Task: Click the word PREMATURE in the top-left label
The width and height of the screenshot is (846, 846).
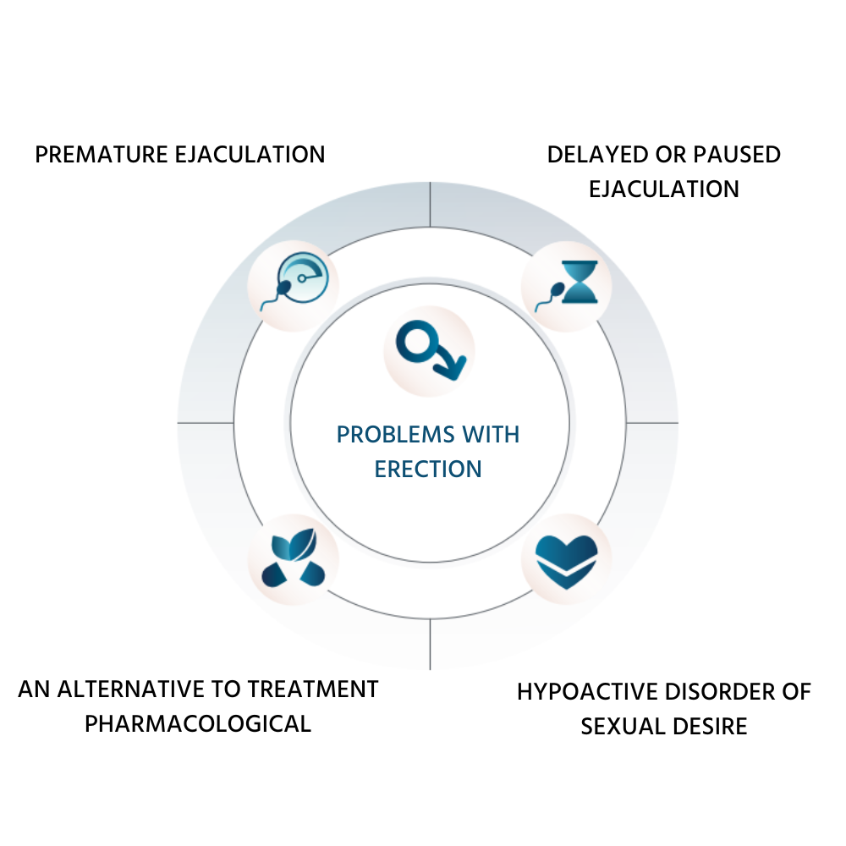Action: [x=98, y=155]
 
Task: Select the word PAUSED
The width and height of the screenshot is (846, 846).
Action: [x=733, y=155]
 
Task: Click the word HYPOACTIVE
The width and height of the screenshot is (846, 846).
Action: [x=587, y=691]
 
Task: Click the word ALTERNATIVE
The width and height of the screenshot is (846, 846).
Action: [x=145, y=689]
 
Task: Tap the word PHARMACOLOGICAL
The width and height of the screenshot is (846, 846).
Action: [x=198, y=723]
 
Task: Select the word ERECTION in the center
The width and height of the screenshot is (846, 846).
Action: [x=428, y=469]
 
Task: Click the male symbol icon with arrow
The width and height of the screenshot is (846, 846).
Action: [x=430, y=349]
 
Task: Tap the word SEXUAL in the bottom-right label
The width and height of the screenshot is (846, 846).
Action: [x=619, y=726]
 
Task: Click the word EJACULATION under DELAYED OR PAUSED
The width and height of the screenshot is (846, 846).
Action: [x=663, y=188]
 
